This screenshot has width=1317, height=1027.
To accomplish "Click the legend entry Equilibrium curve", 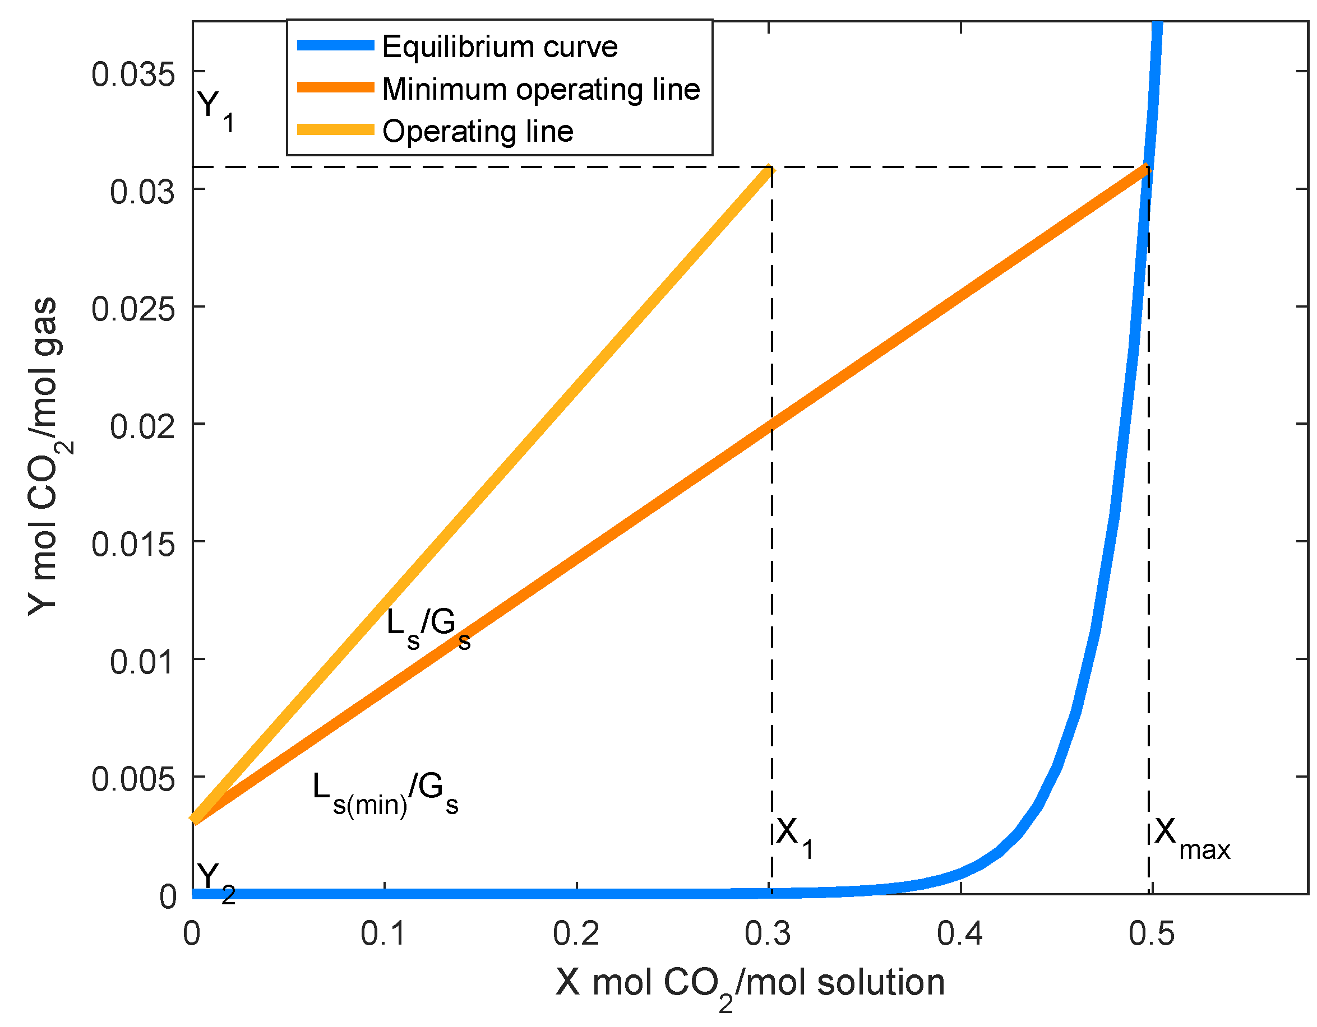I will pyautogui.click(x=500, y=47).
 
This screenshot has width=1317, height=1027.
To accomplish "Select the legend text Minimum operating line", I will pyautogui.click(x=541, y=89).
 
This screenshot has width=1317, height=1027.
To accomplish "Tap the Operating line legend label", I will pyautogui.click(x=478, y=132).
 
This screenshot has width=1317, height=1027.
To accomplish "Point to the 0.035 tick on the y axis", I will pyautogui.click(x=133, y=75).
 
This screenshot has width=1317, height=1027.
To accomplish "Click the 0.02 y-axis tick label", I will pyautogui.click(x=142, y=427).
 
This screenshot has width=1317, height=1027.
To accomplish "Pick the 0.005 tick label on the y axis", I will pyautogui.click(x=133, y=779).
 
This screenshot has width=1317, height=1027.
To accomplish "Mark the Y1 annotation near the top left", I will pyautogui.click(x=215, y=111).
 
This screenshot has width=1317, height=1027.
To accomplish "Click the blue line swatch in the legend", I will pyautogui.click(x=335, y=46).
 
